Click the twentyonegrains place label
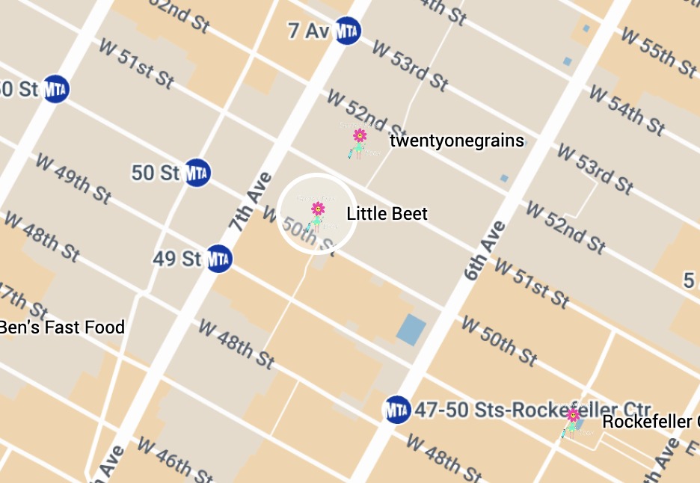457,141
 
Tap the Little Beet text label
387,214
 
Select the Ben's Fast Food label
61,327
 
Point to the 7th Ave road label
251,201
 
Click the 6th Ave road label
485,250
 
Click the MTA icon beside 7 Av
347,31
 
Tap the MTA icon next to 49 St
218,259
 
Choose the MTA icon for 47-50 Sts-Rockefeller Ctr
397,410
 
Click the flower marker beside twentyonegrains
360,136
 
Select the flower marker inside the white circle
318,209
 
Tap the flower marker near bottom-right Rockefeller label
573,415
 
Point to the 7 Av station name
309,31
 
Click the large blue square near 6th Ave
411,330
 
